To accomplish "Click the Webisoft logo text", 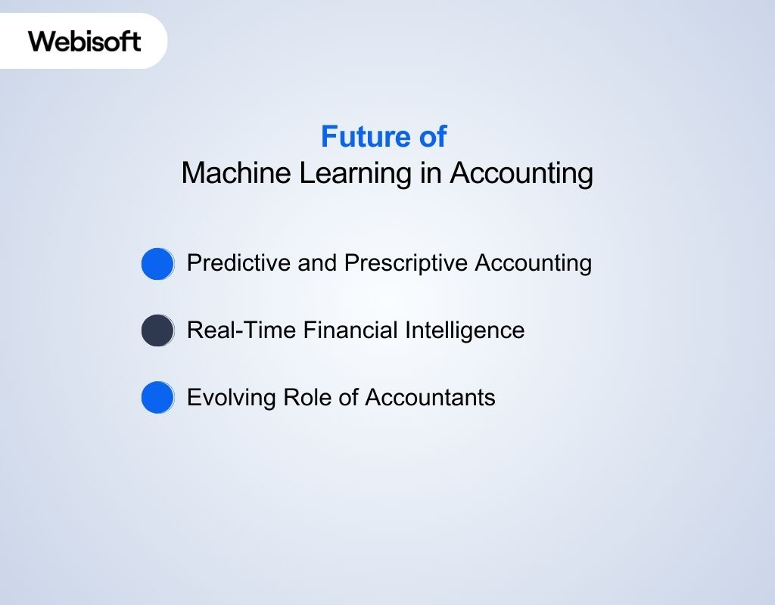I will (x=85, y=40).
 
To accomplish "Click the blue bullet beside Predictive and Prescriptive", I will (x=157, y=264).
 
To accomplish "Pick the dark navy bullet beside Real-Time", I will (x=157, y=330).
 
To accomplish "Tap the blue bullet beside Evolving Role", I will (x=157, y=397).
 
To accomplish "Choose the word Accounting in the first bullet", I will (x=534, y=264).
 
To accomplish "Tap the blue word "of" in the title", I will (x=432, y=137).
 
